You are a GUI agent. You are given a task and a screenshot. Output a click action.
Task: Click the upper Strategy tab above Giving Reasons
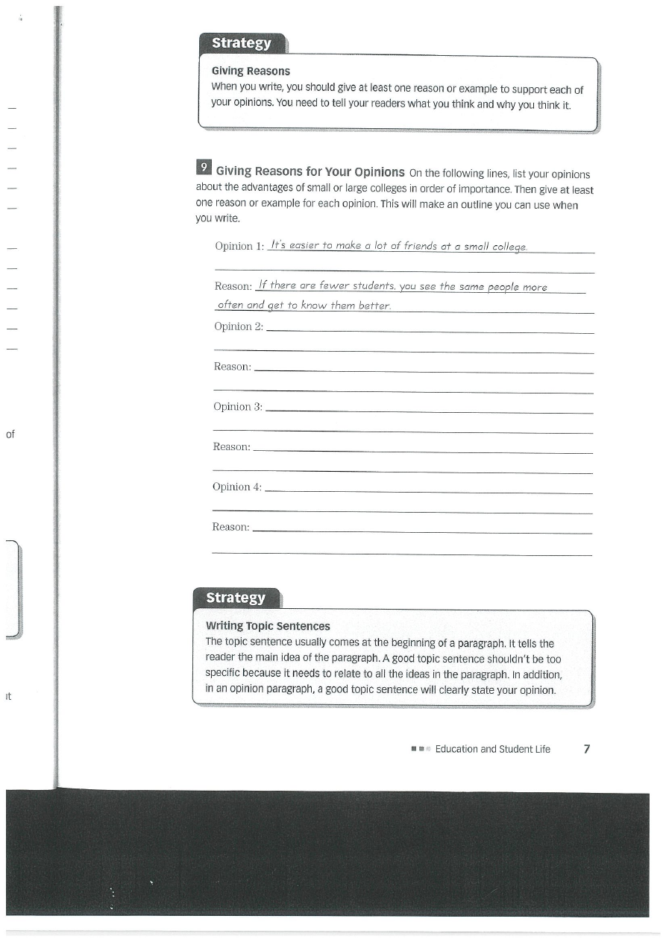click(242, 43)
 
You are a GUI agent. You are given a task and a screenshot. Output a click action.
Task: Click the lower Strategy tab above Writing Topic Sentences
click(236, 598)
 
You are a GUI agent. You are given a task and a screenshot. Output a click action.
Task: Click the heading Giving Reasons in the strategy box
click(251, 72)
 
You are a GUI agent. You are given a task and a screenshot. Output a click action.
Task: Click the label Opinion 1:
click(239, 247)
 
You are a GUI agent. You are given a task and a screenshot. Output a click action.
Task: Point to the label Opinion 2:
click(239, 326)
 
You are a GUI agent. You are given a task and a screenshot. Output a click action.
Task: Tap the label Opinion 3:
click(238, 407)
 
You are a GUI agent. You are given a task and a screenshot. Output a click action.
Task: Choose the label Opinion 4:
click(237, 487)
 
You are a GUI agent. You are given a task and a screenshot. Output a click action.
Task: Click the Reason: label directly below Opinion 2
click(233, 367)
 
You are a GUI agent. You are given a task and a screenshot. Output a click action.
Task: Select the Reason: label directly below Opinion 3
click(232, 446)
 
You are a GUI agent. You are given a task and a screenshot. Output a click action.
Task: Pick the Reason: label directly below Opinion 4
click(231, 527)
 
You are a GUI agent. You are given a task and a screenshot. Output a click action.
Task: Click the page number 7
click(587, 748)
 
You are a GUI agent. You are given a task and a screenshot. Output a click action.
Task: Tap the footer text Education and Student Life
click(492, 749)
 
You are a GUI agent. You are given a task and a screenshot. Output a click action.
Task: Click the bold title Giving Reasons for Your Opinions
click(310, 171)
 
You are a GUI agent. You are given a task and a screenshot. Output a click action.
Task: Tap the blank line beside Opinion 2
click(429, 332)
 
